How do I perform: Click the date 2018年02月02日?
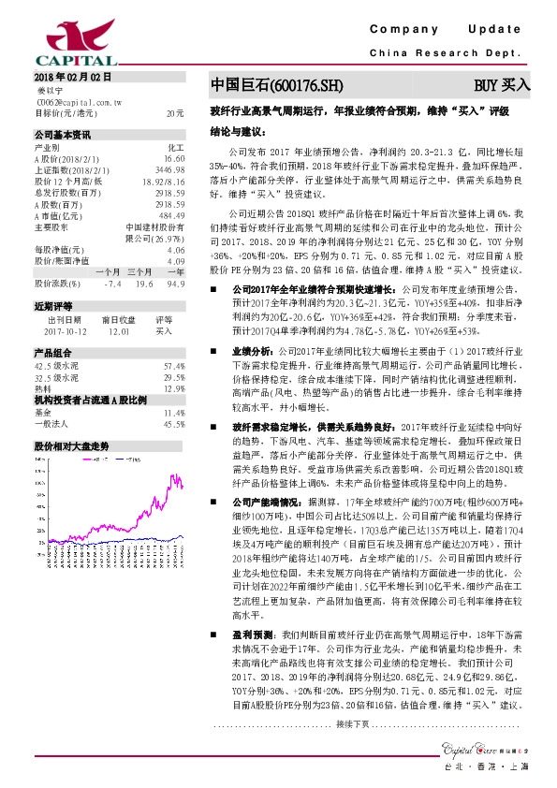click(73, 77)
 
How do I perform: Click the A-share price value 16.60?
click(173, 159)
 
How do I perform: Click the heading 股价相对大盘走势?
click(71, 446)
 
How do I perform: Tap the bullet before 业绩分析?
click(213, 349)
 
